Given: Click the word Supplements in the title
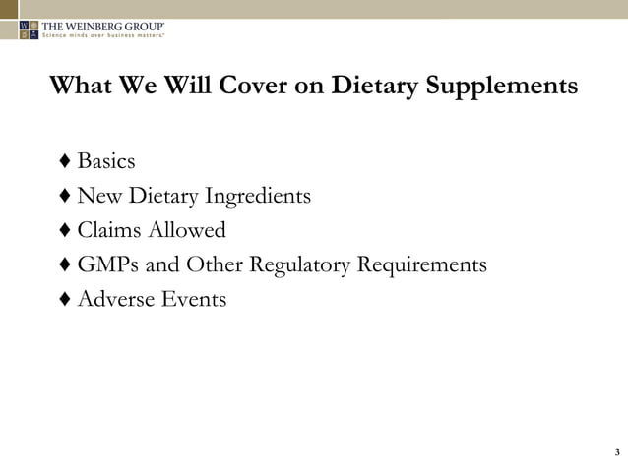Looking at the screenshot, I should coord(504,86).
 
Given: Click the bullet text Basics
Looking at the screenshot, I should coord(105,161).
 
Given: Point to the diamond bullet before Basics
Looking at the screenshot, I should coord(64,161).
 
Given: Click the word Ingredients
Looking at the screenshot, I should coord(257,197).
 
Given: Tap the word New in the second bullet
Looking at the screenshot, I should coord(98,197).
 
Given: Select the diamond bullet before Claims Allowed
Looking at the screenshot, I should coord(64,231).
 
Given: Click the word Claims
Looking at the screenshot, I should coord(109,231).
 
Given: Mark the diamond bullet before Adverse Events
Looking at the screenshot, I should coord(64,299).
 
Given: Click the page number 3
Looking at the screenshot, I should coord(616,452).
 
